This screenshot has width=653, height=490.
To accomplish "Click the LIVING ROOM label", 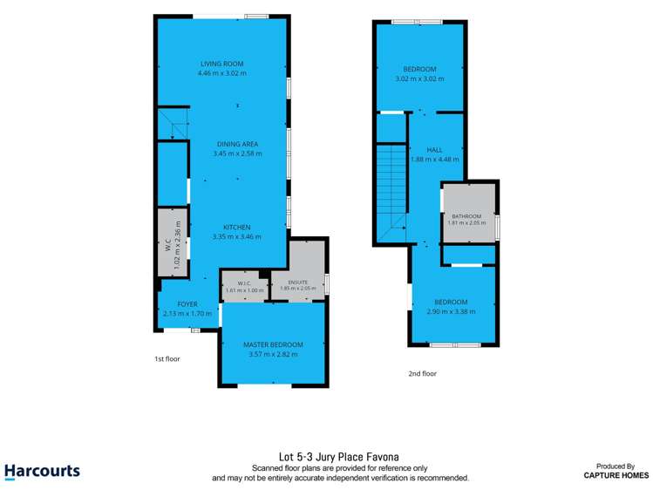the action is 222,64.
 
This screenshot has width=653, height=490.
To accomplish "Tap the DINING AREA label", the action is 237,144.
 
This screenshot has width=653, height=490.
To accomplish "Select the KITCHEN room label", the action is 237,228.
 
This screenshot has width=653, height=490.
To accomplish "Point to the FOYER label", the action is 187,304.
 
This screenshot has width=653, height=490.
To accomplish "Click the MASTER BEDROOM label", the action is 273,344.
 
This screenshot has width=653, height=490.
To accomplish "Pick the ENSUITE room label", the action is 298,282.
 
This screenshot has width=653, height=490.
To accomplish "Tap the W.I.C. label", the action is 244,283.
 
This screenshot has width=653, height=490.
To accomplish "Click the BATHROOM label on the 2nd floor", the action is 466,216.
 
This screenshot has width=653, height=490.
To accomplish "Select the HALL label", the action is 434,150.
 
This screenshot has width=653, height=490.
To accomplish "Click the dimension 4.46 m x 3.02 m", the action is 222,73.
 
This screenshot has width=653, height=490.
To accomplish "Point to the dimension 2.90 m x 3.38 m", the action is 451,311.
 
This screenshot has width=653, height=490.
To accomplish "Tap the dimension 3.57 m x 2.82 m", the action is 273,354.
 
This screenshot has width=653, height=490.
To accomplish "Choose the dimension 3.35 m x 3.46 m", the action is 237,237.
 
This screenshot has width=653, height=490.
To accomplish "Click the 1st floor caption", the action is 167,359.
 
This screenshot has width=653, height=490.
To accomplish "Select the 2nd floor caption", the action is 423,373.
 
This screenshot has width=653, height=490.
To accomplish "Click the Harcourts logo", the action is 42,472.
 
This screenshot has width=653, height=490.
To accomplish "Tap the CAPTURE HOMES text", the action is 616,475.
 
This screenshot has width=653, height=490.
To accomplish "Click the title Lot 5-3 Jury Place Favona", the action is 339,457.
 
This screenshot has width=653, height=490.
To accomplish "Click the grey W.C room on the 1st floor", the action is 172,242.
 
